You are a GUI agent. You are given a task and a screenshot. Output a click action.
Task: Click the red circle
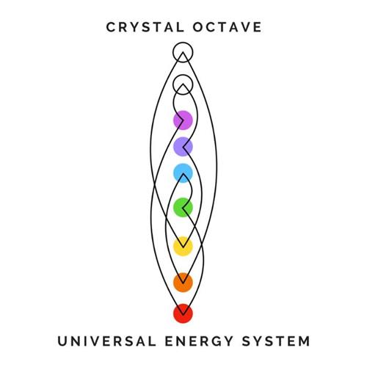(183, 313)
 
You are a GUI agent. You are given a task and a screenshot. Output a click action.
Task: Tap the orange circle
(183, 283)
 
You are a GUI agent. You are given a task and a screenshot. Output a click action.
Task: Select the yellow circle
(183, 247)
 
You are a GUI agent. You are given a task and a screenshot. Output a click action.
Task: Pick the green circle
(183, 208)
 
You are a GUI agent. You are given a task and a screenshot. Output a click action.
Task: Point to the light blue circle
(183, 173)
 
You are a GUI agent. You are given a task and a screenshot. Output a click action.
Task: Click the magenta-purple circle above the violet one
(183, 120)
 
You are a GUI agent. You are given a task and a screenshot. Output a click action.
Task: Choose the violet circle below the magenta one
(183, 147)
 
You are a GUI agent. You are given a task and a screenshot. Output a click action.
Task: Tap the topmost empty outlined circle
(183, 43)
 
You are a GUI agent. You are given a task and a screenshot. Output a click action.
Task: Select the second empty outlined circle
(183, 75)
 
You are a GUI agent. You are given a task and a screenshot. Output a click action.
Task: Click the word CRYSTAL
(145, 27)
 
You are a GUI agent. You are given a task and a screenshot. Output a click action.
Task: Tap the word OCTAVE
(228, 27)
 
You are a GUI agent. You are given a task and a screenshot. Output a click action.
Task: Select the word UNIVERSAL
(107, 341)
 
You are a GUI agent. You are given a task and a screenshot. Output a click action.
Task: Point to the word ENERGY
(199, 341)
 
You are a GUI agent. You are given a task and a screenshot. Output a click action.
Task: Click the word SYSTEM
(276, 341)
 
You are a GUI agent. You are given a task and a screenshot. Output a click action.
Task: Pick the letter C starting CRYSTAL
(111, 27)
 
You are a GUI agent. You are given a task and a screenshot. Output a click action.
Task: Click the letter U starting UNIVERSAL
(62, 341)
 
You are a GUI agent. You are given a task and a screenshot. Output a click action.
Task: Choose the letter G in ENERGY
(215, 341)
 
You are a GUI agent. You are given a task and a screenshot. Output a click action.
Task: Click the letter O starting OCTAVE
(198, 27)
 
